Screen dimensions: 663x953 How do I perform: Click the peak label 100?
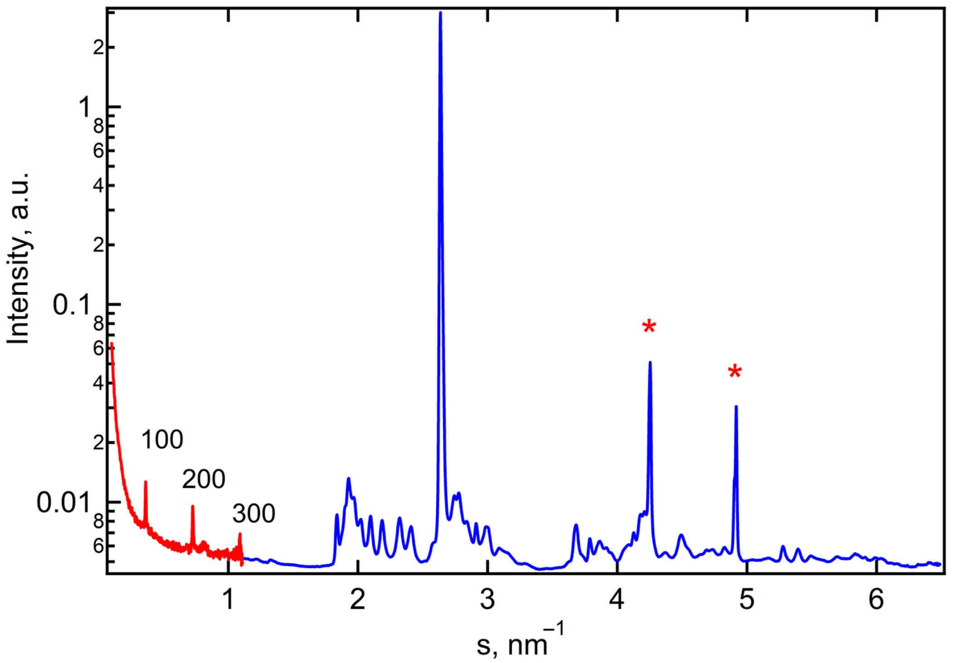162,439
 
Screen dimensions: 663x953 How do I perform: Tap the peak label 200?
204,479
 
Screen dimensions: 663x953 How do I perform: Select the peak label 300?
254,513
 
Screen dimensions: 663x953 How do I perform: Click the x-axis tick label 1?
228,600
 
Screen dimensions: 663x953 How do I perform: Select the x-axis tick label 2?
358,600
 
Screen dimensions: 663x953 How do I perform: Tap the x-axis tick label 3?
487,600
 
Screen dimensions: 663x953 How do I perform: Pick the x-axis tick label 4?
617,600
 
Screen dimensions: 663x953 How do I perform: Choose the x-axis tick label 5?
747,600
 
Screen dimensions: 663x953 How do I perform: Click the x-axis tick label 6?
876,600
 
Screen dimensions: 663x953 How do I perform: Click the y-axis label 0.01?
63,502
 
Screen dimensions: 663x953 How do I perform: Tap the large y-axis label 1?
84,107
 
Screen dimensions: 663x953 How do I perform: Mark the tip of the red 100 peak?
146,482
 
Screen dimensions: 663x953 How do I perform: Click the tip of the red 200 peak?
193,507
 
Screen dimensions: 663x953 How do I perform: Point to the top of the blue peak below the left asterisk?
650,362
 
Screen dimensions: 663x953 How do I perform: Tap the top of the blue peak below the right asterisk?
736,407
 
